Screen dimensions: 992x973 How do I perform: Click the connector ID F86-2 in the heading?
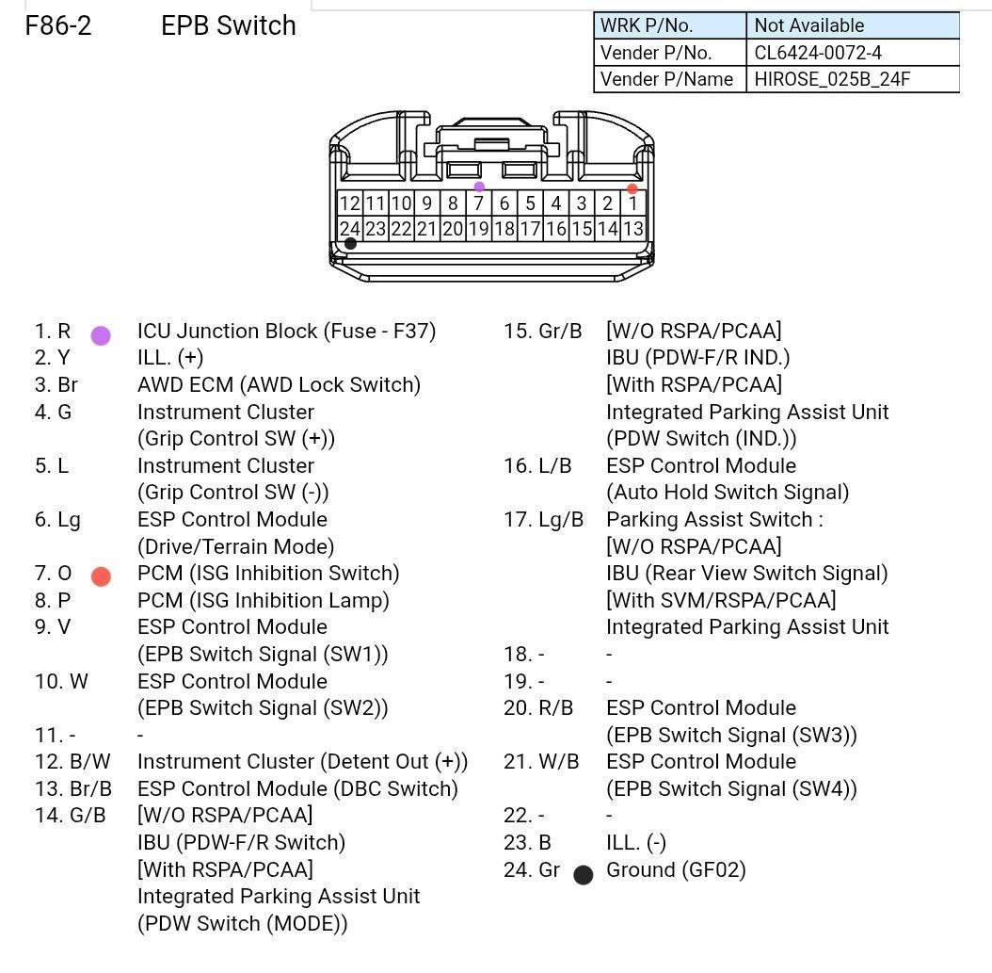pyautogui.click(x=58, y=26)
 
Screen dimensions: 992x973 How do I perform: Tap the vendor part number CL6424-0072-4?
pyautogui.click(x=817, y=53)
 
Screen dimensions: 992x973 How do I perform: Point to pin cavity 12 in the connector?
pyautogui.click(x=350, y=203)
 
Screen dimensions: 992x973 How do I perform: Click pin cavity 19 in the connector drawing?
pyautogui.click(x=479, y=229)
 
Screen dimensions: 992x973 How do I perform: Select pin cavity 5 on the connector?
pyautogui.click(x=530, y=203)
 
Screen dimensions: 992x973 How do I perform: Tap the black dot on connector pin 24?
pyautogui.click(x=350, y=244)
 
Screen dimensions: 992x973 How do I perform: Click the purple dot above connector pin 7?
pyautogui.click(x=480, y=186)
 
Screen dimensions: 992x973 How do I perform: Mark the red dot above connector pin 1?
pyautogui.click(x=632, y=188)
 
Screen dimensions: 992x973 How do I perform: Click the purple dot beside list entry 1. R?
pyautogui.click(x=101, y=335)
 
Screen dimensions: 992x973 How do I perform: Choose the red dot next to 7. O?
pyautogui.click(x=102, y=576)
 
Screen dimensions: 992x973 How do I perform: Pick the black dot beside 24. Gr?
pyautogui.click(x=584, y=875)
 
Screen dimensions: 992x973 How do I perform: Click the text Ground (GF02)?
pyautogui.click(x=677, y=870)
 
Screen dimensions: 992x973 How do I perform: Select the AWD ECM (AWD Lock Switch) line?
pyautogui.click(x=279, y=385)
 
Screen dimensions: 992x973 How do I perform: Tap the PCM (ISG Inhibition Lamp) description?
pyautogui.click(x=264, y=601)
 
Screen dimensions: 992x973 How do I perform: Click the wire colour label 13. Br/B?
pyautogui.click(x=73, y=788)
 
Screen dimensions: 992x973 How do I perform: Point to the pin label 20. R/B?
pyautogui.click(x=538, y=707)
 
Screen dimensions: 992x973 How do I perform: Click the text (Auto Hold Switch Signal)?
pyautogui.click(x=728, y=494)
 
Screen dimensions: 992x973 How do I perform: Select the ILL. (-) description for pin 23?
pyautogui.click(x=636, y=843)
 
